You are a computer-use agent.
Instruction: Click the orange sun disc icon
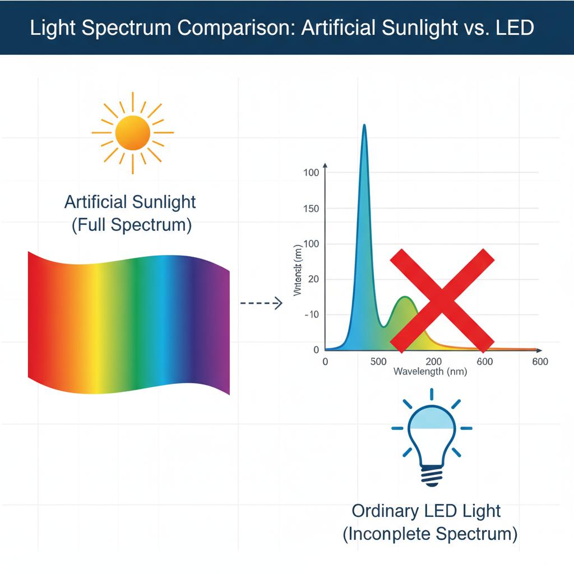pos(132,133)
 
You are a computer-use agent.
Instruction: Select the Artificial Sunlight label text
pos(131,202)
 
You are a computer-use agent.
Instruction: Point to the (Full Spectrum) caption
pos(132,225)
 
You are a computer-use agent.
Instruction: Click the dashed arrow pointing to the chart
pos(260,304)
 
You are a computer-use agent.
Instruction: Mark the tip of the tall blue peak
pos(364,126)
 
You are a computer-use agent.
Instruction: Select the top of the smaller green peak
pos(404,297)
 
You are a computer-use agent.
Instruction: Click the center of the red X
pos(442,298)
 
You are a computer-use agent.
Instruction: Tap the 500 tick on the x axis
pos(378,362)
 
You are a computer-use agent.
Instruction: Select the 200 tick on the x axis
pos(434,362)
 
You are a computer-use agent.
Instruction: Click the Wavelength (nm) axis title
pos(430,372)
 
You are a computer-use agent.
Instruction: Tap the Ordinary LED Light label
pos(426,511)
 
